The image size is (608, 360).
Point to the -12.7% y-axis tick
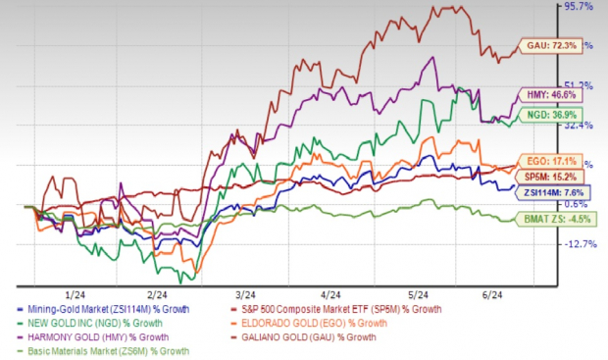pyautogui.click(x=579, y=245)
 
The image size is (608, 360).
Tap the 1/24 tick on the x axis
pyautogui.click(x=72, y=293)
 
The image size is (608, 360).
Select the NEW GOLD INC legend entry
pyautogui.click(x=96, y=324)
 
